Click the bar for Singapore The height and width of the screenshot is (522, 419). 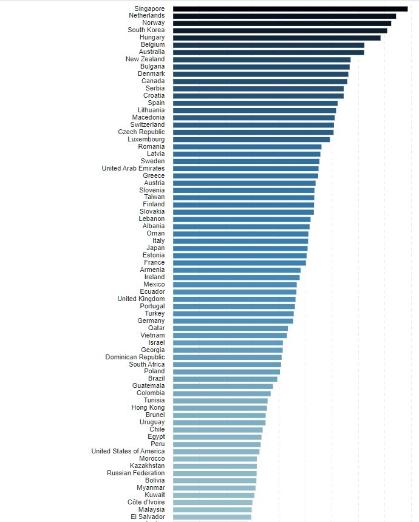[x=290, y=8]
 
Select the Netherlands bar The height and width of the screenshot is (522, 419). [x=284, y=16]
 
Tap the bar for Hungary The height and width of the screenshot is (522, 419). [x=276, y=38]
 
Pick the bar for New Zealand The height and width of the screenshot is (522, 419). [x=262, y=59]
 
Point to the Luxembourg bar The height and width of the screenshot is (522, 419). [x=251, y=140]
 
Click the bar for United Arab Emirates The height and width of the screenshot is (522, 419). [x=246, y=169]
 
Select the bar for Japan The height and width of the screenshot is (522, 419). [x=240, y=248]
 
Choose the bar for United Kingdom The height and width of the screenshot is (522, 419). [x=234, y=299]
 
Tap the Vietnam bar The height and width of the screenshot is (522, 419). [x=230, y=336]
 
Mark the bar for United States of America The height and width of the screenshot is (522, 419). [x=216, y=452]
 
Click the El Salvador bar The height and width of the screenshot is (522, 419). [x=212, y=517]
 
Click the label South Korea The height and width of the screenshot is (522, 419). [x=146, y=30]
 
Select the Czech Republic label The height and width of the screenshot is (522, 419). [x=141, y=132]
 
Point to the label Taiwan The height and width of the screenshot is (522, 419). [x=154, y=197]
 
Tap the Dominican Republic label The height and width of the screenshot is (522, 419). [x=135, y=358]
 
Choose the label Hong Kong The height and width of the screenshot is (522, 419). [x=148, y=408]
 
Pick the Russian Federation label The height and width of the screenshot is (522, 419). [x=135, y=473]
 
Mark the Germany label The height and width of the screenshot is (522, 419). [x=151, y=321]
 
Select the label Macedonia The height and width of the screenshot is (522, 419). [x=148, y=118]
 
